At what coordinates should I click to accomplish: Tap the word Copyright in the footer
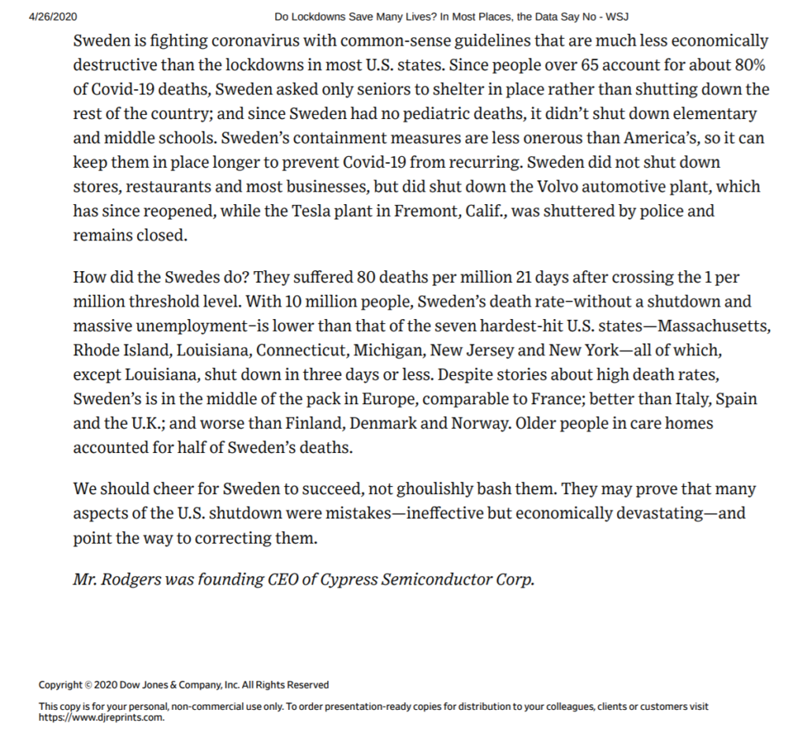pyautogui.click(x=61, y=685)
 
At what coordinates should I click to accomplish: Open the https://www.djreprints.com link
pyautogui.click(x=102, y=718)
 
